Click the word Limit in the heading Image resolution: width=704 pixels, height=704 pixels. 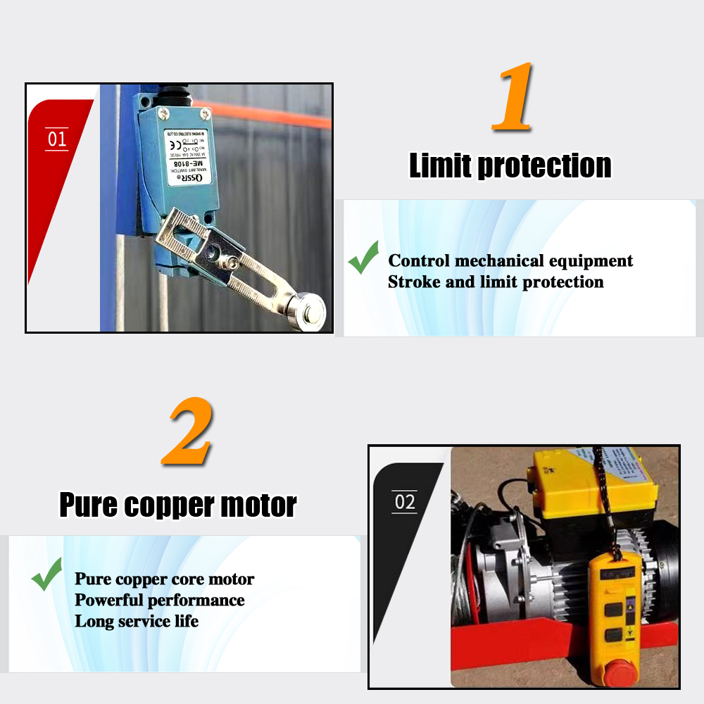[x=441, y=165]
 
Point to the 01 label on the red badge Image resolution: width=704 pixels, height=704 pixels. [x=57, y=139]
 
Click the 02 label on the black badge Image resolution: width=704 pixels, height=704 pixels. [x=405, y=502]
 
